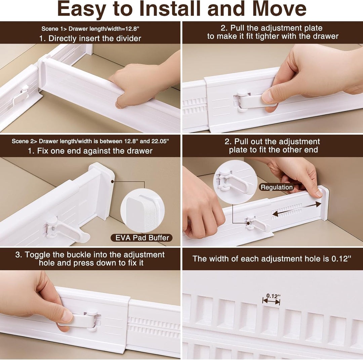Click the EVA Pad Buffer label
tap(142, 238)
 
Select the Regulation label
tap(277, 187)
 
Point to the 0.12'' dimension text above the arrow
tap(273, 296)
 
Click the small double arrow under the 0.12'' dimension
tap(271, 301)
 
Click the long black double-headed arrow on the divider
tap(296, 208)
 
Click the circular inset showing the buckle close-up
tap(235, 182)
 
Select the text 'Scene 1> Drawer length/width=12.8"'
tap(90, 29)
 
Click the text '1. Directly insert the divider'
tap(90, 38)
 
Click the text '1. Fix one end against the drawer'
tap(90, 151)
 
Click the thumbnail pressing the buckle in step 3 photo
tap(67, 316)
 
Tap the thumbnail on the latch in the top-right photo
tap(268, 97)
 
